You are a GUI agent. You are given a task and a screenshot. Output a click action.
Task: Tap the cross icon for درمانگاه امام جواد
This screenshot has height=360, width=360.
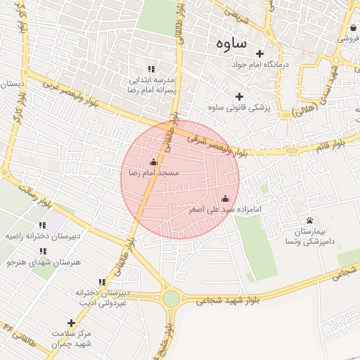259,53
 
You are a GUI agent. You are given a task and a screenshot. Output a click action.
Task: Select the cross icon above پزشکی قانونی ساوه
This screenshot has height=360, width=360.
239,96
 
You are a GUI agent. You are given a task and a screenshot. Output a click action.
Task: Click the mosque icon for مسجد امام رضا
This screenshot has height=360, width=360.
154,162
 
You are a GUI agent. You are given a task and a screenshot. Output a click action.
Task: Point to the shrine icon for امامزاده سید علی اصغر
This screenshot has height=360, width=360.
225,199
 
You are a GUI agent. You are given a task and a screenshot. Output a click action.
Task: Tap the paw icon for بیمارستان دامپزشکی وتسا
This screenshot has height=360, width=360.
309,221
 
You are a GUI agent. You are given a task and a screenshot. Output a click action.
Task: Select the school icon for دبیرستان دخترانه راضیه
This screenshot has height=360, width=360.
42,226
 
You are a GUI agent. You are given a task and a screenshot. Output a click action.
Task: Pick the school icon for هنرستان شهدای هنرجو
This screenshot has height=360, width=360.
42,251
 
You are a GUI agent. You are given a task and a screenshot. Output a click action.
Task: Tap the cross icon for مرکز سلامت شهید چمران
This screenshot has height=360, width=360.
71,323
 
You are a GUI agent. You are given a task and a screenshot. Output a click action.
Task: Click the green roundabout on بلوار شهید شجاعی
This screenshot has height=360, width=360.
171,298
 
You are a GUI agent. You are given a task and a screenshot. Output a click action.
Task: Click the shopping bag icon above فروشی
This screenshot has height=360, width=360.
352,28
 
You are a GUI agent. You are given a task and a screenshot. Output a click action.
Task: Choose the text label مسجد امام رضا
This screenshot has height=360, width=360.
154,172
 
